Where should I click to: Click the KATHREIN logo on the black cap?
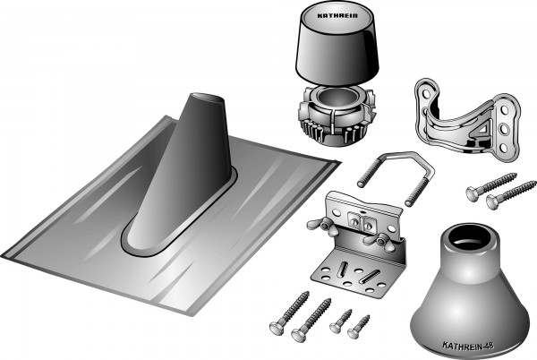click(337, 16)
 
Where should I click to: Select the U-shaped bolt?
click(396, 178)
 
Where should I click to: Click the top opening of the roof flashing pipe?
click(208, 98)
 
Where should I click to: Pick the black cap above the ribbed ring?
click(337, 43)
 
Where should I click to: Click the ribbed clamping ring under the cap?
click(337, 116)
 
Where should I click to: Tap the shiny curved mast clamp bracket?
click(467, 119)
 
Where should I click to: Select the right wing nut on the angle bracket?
click(378, 240)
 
